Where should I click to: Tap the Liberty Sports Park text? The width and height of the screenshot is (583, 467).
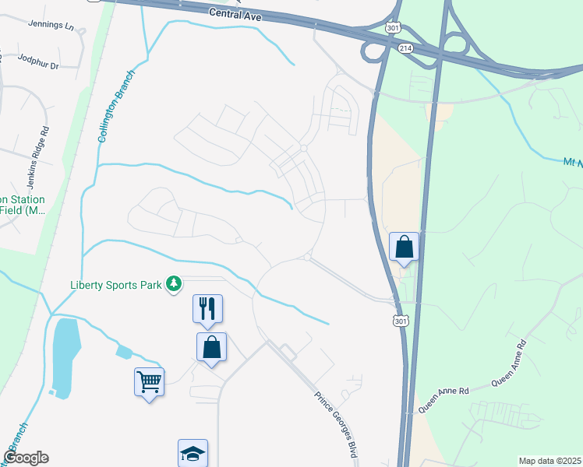pos(116,284)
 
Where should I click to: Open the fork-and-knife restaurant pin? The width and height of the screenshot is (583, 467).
pos(208,308)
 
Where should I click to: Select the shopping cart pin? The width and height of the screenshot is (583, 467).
pos(150,382)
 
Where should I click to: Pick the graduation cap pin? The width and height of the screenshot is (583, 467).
pos(193,453)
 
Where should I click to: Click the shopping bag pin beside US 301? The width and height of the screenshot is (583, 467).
pos(405,247)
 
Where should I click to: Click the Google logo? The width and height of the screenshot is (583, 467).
pos(26,458)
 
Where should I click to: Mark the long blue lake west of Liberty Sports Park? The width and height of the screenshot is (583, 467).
pos(65,354)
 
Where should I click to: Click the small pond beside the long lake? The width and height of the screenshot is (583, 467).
pos(123,351)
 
